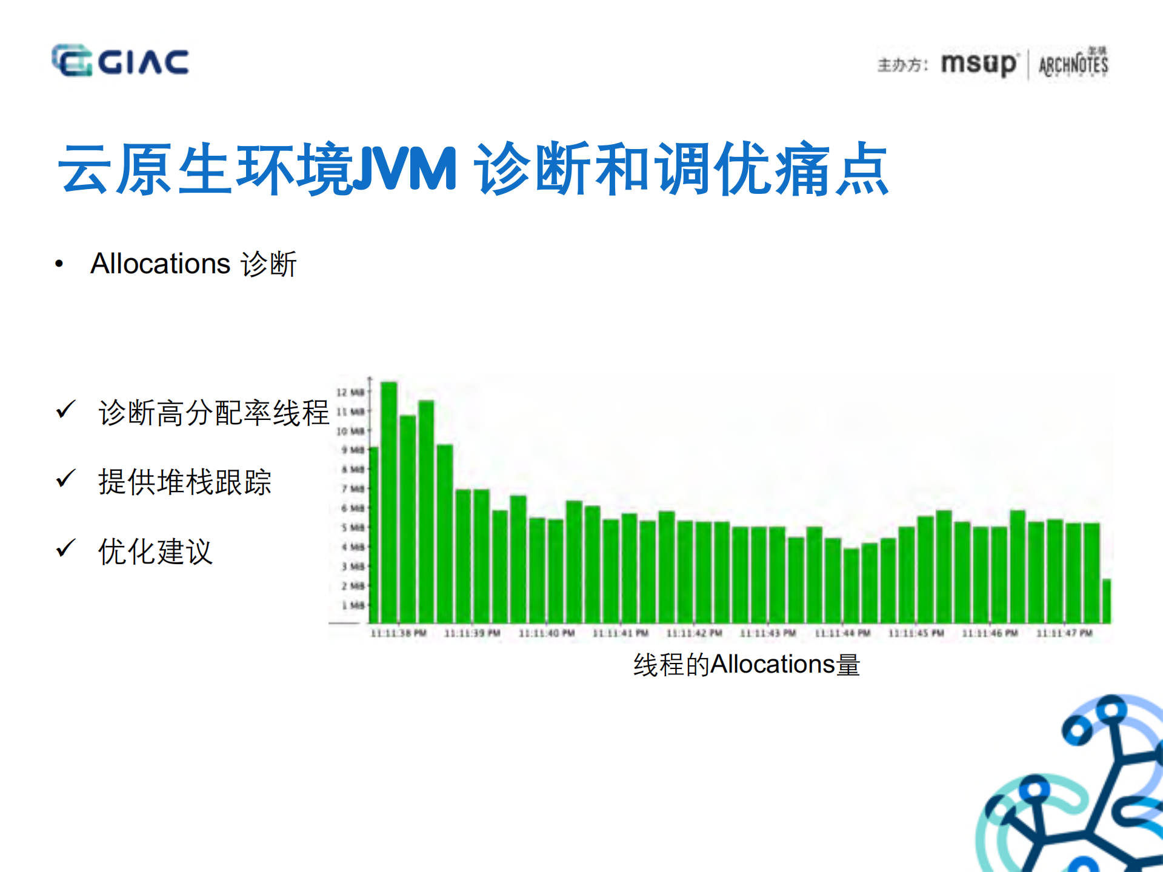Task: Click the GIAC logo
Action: point(120,61)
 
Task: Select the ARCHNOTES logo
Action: point(1073,64)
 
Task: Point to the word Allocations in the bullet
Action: point(161,264)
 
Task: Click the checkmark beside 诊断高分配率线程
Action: point(65,410)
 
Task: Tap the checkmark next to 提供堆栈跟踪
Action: point(65,479)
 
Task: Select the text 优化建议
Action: point(155,551)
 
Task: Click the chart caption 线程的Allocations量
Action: point(746,665)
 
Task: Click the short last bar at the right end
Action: point(1106,601)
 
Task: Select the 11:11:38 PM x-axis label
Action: point(398,633)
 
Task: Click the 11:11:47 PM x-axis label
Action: point(1064,633)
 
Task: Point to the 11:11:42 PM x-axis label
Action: point(694,633)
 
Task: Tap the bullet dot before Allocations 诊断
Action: point(59,264)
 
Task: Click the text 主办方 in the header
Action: point(902,65)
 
